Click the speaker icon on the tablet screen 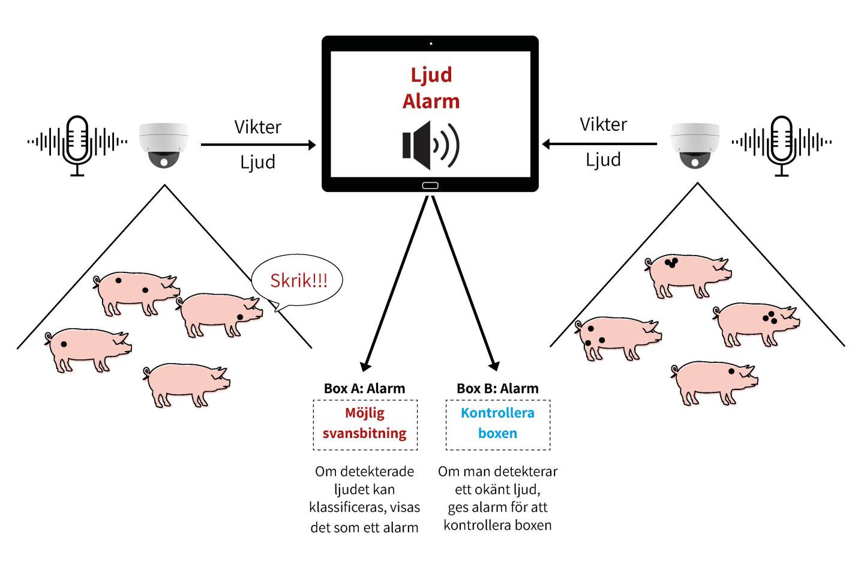(x=430, y=145)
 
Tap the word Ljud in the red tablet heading (x=431, y=75)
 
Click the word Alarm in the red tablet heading (x=431, y=101)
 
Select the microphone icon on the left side (x=77, y=144)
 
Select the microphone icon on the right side (x=781, y=144)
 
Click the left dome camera (x=164, y=145)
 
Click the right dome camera (x=695, y=145)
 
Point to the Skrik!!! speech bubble (x=298, y=281)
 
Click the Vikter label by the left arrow (x=258, y=127)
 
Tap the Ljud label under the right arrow (x=603, y=160)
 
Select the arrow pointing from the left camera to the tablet (x=258, y=145)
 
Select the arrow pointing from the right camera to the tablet (x=600, y=144)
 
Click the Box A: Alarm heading (x=364, y=388)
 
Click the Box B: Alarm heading (x=497, y=388)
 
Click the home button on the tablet (x=430, y=185)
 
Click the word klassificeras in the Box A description (x=346, y=508)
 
